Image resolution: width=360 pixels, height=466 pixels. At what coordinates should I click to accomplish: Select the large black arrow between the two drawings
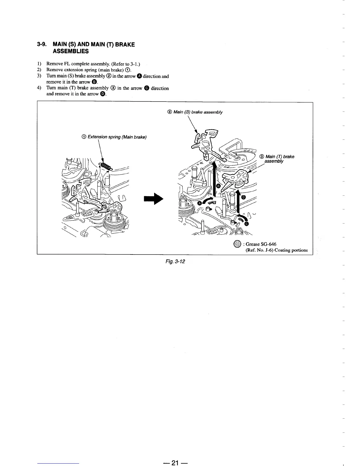pos(153,199)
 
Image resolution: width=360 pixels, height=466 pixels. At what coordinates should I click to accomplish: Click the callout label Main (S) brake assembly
pos(195,112)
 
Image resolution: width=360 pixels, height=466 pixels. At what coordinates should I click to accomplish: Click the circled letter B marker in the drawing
pos(218,186)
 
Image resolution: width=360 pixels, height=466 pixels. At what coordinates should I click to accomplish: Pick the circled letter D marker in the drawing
pos(243,197)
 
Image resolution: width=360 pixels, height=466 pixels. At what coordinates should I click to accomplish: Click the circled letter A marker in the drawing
pos(200,203)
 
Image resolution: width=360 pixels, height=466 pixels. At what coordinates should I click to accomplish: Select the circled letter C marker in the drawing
pos(246,224)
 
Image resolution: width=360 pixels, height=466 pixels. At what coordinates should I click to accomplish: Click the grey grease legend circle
pos(237,244)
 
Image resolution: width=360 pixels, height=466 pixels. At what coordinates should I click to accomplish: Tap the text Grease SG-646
pos(261,244)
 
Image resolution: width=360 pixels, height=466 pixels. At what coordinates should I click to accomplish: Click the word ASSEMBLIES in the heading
pos(70,51)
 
